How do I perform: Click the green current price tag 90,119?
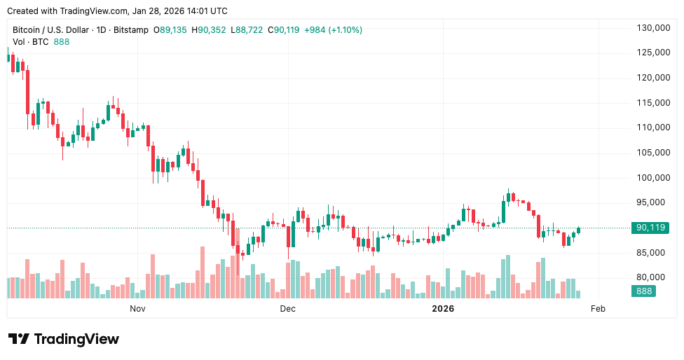point(650,228)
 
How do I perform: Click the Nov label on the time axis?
point(137,308)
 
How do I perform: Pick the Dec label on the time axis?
point(287,308)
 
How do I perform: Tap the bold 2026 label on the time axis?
point(443,308)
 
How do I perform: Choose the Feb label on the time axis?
point(598,308)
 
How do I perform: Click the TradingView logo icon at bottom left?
point(18,339)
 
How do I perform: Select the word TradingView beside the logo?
point(76,339)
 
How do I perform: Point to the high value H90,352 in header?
point(212,30)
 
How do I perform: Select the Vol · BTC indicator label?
point(31,42)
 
